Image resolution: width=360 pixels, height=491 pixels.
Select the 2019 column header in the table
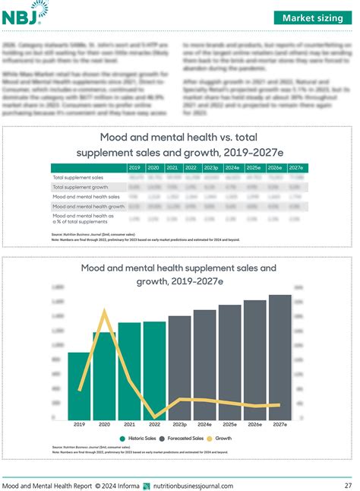coord(134,167)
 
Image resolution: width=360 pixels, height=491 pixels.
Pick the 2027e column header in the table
coord(296,167)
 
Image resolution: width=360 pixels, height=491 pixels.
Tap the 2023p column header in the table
coord(211,167)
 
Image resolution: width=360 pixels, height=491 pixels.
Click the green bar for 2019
coord(79,387)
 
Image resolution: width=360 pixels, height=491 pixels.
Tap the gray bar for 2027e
coord(279,358)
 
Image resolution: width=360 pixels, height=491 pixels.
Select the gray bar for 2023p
coord(179,369)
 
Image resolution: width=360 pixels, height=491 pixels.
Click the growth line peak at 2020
coord(104,311)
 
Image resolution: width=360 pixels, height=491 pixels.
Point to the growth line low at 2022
coord(154,417)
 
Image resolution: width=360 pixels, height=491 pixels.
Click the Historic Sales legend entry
coord(140,439)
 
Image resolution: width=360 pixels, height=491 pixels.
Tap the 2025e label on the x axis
coord(229,425)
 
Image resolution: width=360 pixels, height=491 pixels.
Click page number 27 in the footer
coord(347,485)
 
